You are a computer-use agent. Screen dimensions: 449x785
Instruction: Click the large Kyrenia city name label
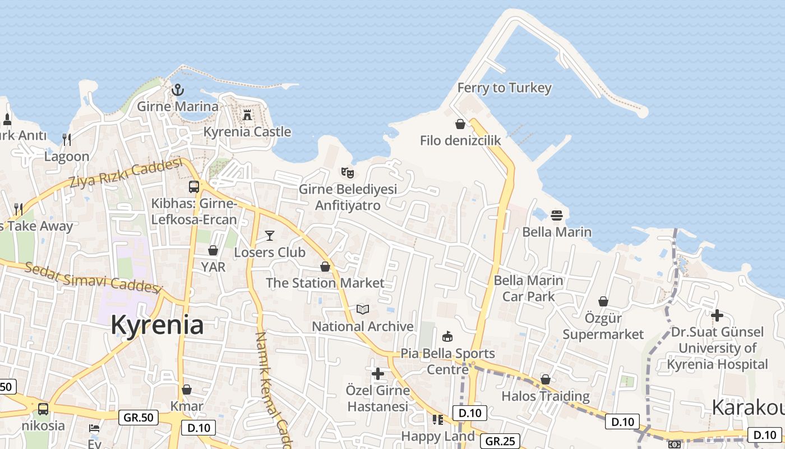(157, 325)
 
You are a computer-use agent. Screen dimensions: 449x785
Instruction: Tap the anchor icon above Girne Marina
(178, 90)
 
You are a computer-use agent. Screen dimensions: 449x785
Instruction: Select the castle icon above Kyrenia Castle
(247, 115)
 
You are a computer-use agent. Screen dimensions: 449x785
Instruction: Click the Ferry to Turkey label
(504, 88)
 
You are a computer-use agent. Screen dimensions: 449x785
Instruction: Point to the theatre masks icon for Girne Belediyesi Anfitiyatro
(348, 172)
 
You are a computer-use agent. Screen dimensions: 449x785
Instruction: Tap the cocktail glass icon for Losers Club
(270, 235)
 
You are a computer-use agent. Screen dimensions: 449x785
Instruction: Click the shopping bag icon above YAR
(213, 250)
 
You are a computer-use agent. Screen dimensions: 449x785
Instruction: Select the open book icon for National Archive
(363, 309)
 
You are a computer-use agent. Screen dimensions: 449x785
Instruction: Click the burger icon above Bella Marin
(556, 215)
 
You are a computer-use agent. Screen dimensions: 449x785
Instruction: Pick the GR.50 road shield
(138, 418)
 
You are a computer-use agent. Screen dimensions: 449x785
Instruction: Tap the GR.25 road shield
(500, 441)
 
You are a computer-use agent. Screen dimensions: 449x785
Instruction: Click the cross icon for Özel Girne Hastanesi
(378, 373)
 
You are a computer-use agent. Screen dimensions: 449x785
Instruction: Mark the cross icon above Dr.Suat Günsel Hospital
(717, 315)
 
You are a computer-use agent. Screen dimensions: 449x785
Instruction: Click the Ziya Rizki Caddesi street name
(126, 173)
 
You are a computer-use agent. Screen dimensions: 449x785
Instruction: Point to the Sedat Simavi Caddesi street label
(93, 277)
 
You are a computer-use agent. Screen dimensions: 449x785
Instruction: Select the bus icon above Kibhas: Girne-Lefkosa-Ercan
(194, 187)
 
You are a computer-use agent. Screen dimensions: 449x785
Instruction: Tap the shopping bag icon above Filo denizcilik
(460, 124)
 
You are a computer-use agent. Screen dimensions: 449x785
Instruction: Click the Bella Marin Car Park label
(528, 288)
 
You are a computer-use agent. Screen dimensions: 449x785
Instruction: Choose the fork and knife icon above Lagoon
(67, 139)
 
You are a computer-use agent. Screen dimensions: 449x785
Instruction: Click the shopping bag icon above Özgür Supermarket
(603, 301)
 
